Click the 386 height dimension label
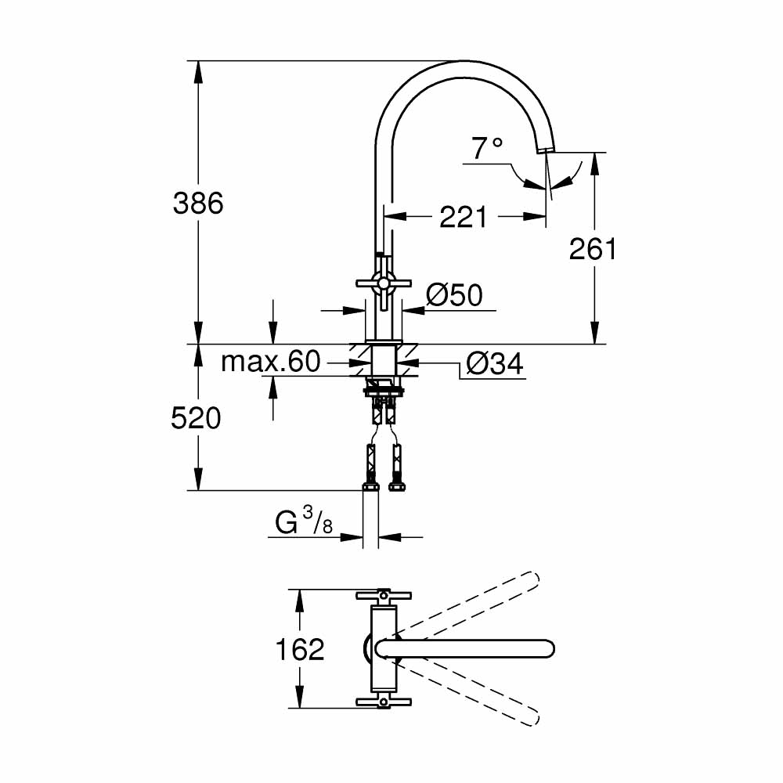tap(198, 203)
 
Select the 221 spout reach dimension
tap(463, 217)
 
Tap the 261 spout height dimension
tap(593, 249)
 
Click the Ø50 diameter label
tap(454, 295)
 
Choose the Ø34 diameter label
tap(493, 363)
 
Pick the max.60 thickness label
tap(271, 362)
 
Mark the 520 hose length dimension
tap(197, 419)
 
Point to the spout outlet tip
tap(545, 149)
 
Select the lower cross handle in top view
tap(384, 702)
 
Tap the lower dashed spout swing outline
tap(470, 693)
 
